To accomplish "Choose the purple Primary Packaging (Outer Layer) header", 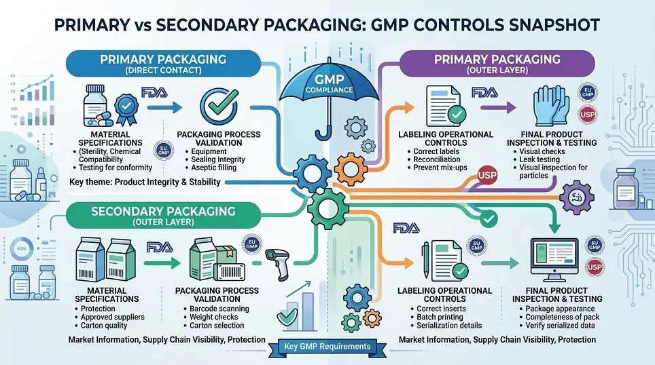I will pyautogui.click(x=481, y=64).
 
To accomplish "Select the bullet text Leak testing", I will pyautogui.click(x=536, y=159).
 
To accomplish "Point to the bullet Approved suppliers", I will pyautogui.click(x=112, y=317).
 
